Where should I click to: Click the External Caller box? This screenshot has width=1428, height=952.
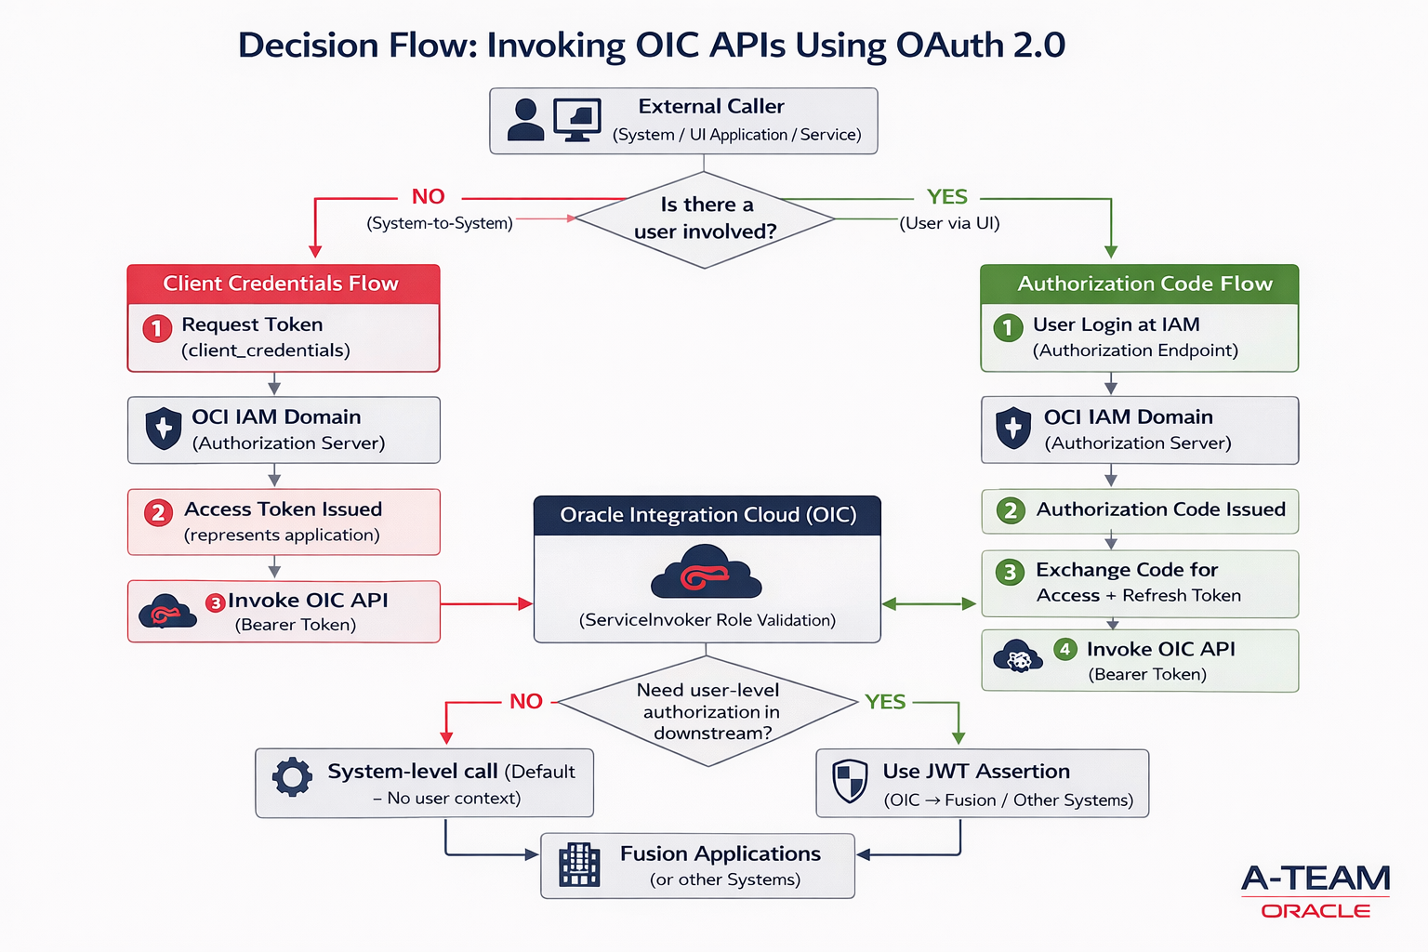pos(683,121)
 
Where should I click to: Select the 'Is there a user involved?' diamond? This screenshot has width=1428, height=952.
pos(705,218)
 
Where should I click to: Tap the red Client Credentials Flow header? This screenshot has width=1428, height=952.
pos(283,284)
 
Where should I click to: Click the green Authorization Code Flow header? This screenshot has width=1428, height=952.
pos(1139,284)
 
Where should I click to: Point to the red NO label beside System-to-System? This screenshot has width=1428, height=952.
pos(429,197)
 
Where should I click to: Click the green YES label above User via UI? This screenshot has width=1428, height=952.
pos(946,197)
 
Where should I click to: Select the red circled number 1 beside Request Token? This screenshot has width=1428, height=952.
pos(157,328)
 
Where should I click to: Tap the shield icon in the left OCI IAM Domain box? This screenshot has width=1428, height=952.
pos(164,429)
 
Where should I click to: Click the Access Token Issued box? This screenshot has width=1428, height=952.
pos(283,522)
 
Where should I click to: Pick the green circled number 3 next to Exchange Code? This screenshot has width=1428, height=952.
pos(1010,572)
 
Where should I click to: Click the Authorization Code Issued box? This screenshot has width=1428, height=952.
pos(1139,510)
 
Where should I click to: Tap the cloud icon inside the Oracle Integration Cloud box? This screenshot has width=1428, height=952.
pos(707,573)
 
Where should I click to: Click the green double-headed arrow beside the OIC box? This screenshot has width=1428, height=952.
pos(929,604)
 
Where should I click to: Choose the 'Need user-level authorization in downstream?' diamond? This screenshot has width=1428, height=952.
pos(707,711)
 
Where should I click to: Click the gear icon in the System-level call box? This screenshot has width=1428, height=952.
pos(292,776)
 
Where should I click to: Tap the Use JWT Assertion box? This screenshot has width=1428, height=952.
pos(982,784)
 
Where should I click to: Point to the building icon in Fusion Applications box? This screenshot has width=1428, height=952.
pos(579,865)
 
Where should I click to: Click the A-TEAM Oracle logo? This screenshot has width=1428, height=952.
pos(1315,891)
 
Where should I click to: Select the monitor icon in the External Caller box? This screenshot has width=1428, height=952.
pos(576,120)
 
